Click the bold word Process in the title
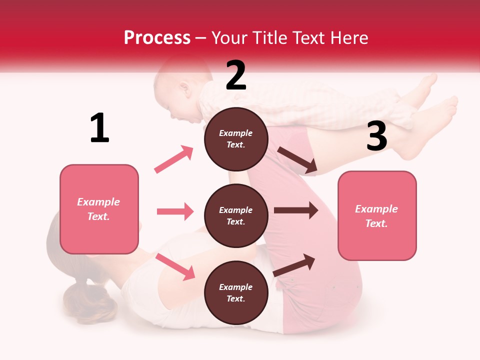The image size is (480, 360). pyautogui.click(x=157, y=37)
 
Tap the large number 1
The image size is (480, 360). pyautogui.click(x=99, y=128)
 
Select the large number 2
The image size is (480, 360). pyautogui.click(x=236, y=75)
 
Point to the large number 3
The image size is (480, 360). pyautogui.click(x=376, y=136)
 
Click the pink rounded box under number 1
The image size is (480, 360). pyautogui.click(x=99, y=209)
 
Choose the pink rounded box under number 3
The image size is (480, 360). pyautogui.click(x=377, y=215)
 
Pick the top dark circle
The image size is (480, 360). pyautogui.click(x=236, y=139)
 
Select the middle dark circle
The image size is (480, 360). pyautogui.click(x=236, y=215)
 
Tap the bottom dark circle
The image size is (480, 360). pyautogui.click(x=236, y=292)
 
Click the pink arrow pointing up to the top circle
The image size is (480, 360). pyautogui.click(x=173, y=159)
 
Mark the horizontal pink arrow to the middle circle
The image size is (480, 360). pyautogui.click(x=175, y=211)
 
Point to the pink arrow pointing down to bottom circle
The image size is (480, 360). pyautogui.click(x=175, y=266)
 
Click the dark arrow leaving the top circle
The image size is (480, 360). pyautogui.click(x=297, y=160)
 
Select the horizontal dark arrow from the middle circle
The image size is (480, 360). pyautogui.click(x=295, y=210)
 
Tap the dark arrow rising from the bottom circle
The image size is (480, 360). pyautogui.click(x=294, y=265)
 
